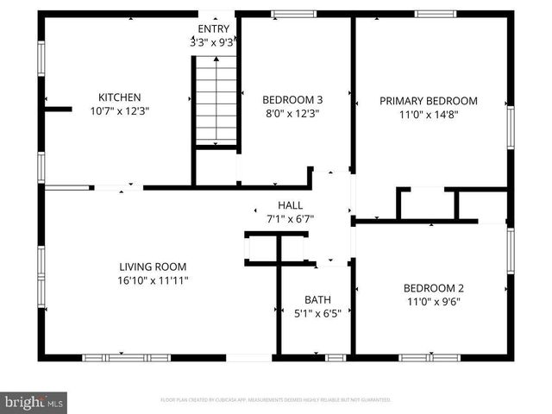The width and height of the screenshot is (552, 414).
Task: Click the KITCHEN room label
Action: (119, 97)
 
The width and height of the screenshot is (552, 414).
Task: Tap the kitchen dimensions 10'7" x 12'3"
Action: (119, 111)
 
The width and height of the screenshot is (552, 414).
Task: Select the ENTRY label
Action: (214, 28)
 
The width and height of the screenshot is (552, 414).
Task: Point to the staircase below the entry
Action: (216, 99)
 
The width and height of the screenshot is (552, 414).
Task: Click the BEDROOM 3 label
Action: (292, 99)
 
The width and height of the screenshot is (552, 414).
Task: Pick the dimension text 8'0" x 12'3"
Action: (292, 113)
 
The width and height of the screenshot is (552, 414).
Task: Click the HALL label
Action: (290, 205)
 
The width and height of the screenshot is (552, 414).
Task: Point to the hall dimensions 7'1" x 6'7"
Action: (290, 219)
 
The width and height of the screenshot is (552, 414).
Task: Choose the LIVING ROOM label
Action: (152, 267)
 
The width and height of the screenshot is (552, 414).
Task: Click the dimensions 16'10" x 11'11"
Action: (152, 280)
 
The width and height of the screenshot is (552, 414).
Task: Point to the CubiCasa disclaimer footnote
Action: (276, 400)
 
